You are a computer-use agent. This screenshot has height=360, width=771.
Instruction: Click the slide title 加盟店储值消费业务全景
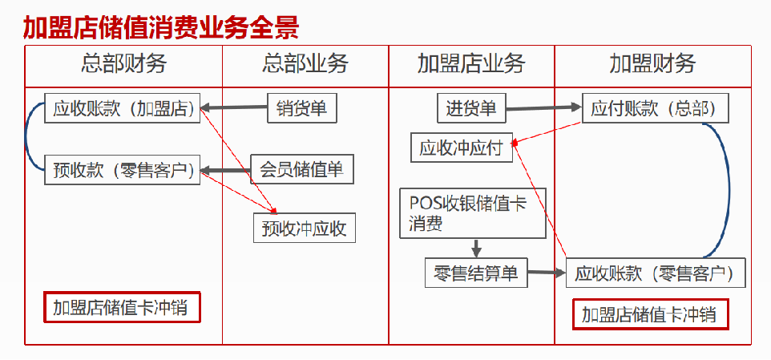tap(160, 26)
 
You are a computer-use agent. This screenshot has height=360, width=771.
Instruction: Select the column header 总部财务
tap(123, 64)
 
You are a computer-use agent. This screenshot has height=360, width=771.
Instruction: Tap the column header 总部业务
tap(305, 64)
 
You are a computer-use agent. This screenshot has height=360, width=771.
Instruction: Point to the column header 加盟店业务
tap(471, 64)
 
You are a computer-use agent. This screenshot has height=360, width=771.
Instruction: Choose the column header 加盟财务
tap(652, 64)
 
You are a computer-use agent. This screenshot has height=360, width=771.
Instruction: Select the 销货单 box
tap(302, 108)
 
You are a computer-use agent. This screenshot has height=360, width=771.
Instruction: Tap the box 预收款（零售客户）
tap(123, 171)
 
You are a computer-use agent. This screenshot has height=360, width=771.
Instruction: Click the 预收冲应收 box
tap(304, 229)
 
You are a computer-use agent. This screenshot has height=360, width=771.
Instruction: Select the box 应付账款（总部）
tap(654, 108)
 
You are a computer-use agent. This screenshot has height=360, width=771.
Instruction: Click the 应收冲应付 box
tap(462, 148)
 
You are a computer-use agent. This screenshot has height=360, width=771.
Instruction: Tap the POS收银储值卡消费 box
tap(472, 213)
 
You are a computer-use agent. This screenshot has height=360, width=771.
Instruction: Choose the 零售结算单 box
tap(476, 273)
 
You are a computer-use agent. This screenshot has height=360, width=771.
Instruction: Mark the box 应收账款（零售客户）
tap(656, 273)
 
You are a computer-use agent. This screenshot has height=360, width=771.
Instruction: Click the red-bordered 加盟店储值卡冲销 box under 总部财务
tap(121, 307)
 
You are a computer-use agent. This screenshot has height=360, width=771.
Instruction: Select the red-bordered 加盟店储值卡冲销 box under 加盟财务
tap(650, 314)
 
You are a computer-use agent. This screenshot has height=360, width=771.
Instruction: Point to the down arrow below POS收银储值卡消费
tap(476, 248)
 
